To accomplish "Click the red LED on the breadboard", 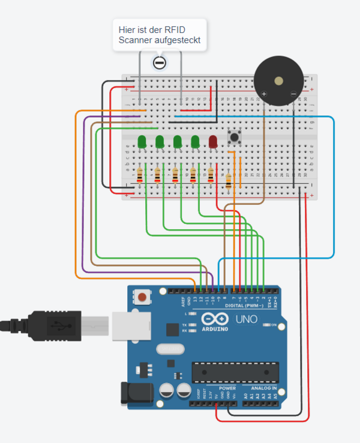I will tap(212, 142).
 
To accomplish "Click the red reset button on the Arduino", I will tap(142, 297).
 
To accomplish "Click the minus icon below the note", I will tap(159, 62).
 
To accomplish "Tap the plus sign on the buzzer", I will tap(263, 94).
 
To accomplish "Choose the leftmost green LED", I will tap(142, 142).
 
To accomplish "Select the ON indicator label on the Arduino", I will tap(273, 325).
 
